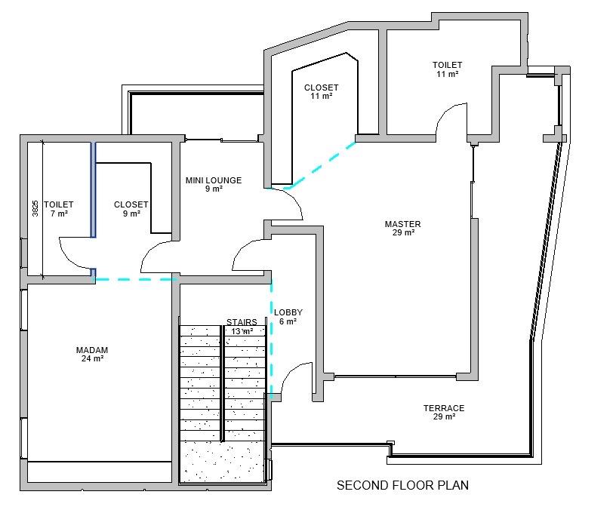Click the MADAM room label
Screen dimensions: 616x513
point(92,350)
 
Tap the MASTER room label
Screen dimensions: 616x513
point(402,224)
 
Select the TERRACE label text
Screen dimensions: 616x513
point(444,408)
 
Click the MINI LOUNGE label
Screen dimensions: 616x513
point(214,180)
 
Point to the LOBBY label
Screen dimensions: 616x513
point(288,312)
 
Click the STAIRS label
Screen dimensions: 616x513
point(242,322)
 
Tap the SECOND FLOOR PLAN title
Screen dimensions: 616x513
point(402,485)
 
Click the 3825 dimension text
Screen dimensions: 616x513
point(35,208)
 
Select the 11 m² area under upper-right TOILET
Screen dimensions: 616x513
point(448,73)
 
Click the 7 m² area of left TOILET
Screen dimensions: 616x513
point(59,213)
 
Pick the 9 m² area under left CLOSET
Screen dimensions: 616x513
point(131,213)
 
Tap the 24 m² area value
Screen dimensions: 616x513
point(92,358)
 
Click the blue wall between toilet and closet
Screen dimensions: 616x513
point(94,190)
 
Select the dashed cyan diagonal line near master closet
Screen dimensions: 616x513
point(321,165)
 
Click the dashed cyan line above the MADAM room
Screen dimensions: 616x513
point(134,279)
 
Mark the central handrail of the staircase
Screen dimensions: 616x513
point(222,383)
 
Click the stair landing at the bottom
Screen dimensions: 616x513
point(223,462)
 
